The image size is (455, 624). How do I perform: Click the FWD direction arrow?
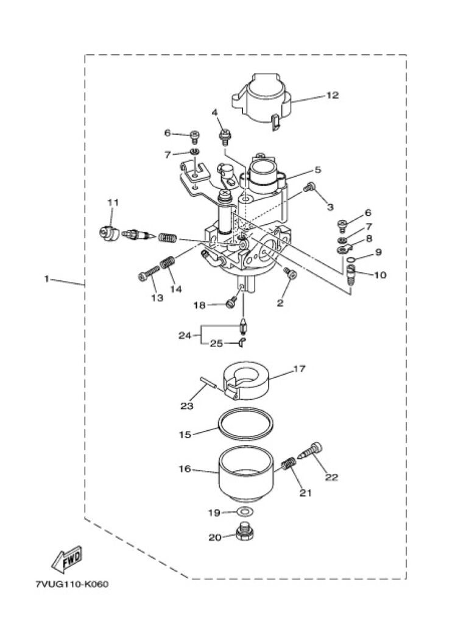(x=67, y=558)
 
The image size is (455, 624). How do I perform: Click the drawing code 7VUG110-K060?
(x=72, y=584)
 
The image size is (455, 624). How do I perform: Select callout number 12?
(x=332, y=95)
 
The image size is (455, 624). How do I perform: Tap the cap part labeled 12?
(x=262, y=99)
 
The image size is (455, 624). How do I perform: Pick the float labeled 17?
(x=246, y=380)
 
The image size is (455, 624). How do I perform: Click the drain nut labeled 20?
(x=245, y=531)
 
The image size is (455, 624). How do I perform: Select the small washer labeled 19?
(x=246, y=511)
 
